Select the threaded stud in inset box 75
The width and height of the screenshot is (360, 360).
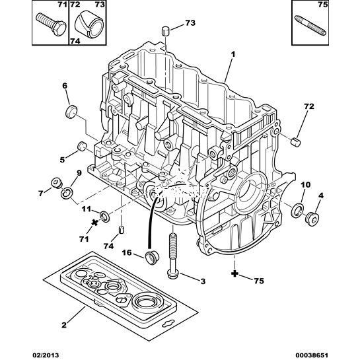click(x=310, y=26)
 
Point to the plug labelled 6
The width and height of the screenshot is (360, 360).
click(x=71, y=112)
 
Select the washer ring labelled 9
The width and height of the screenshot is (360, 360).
click(x=67, y=193)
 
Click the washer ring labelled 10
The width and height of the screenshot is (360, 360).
click(x=297, y=210)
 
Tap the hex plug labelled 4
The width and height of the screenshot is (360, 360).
click(x=312, y=219)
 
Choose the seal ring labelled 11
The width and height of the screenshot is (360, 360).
click(x=104, y=216)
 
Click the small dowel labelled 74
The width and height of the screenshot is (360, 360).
click(x=122, y=230)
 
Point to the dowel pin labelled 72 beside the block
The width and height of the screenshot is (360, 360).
click(x=296, y=142)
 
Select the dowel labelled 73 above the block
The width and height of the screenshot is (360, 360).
click(x=166, y=31)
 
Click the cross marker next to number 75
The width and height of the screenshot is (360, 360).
click(x=234, y=273)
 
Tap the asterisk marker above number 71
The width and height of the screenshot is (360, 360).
click(x=94, y=222)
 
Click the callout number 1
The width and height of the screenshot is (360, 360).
click(x=233, y=55)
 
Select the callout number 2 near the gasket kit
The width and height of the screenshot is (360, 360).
click(x=64, y=325)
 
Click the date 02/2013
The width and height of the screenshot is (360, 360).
click(x=46, y=355)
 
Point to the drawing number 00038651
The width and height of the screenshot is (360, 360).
click(x=312, y=355)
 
